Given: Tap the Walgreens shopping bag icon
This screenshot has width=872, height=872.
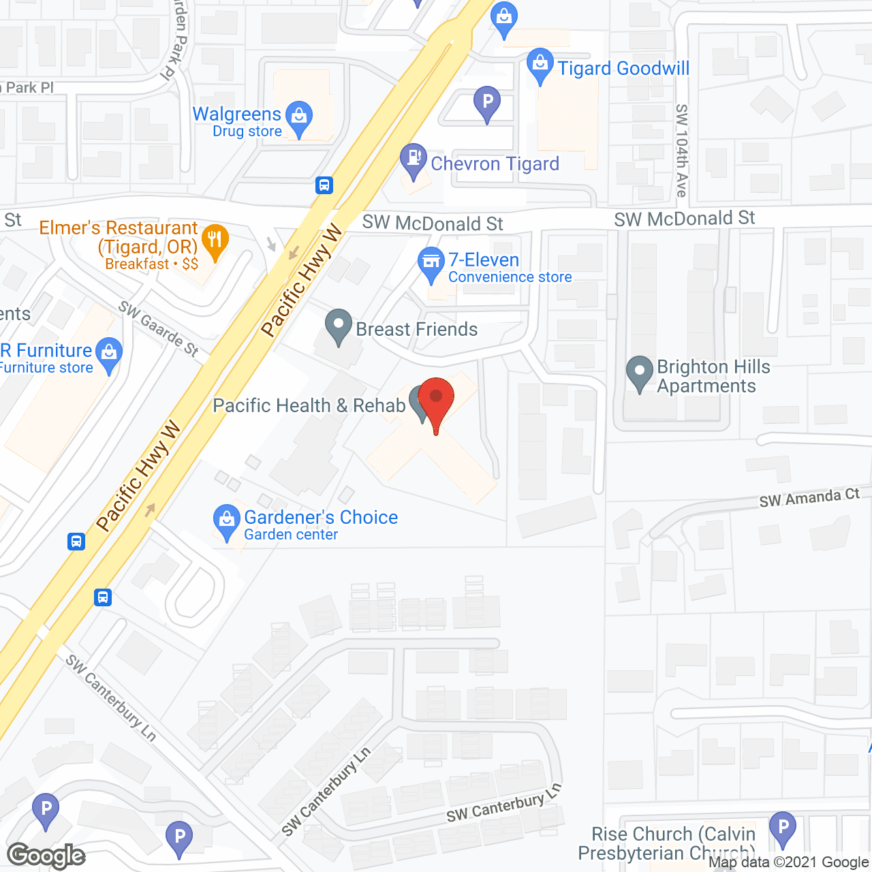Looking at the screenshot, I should coord(298,116).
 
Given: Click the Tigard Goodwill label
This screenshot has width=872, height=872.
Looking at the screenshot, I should coord(623,68).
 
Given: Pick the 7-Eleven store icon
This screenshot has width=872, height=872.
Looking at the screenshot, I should coord(431,262).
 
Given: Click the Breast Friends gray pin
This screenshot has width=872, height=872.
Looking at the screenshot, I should coord(339,325).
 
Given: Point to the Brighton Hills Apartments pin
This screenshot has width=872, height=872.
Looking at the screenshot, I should coord(639,372).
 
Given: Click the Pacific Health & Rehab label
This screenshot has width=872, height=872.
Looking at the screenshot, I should coord(309,405).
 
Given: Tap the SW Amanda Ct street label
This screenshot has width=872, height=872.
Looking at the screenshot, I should coord(809,498).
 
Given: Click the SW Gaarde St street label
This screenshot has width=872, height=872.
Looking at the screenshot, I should coord(159,328).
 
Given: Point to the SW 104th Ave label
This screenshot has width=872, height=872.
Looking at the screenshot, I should coord(681,151).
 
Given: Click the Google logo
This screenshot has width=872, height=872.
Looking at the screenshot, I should coord(46,856).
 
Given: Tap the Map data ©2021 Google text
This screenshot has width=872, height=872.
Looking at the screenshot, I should coord(788,862).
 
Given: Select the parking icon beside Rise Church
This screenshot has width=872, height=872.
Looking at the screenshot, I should coord(783,828).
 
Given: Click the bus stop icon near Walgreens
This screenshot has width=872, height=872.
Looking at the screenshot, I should coord(324,185).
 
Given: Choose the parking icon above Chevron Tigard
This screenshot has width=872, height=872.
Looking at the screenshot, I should coord(487,102).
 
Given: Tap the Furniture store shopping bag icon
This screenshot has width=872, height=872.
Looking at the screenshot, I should coord(108,353).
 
